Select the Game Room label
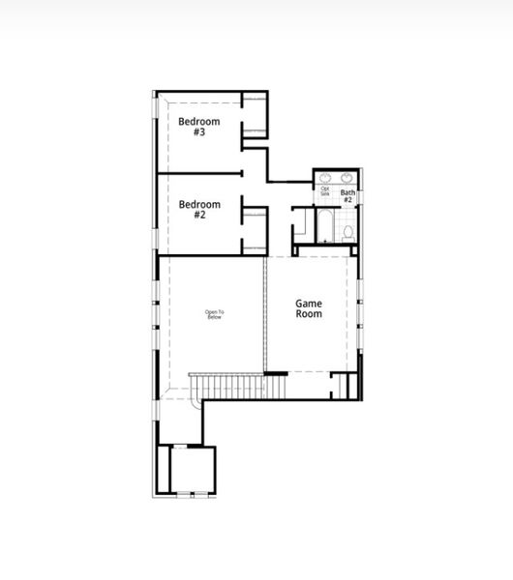[x=309, y=308]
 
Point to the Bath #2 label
[x=347, y=197]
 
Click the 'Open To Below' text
[x=214, y=314]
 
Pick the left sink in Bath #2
[x=326, y=179]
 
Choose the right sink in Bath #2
[x=347, y=179]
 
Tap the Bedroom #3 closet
[x=254, y=115]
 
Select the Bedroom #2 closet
[x=254, y=230]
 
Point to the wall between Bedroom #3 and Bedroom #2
[x=198, y=174]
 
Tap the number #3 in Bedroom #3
[x=199, y=132]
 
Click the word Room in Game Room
[x=309, y=314]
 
